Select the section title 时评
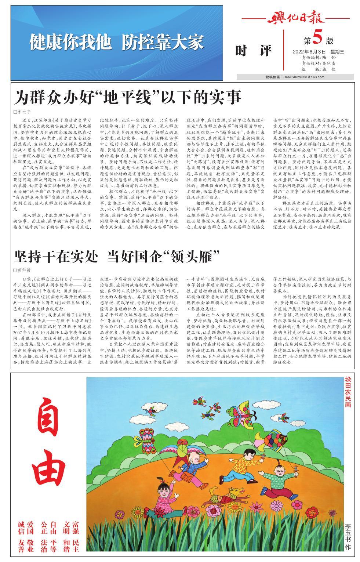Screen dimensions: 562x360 click(x=253, y=51)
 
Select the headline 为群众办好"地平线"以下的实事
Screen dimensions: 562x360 click(x=127, y=98)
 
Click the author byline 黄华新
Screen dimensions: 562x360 click(x=23, y=270)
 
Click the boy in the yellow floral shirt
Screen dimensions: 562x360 click(x=246, y=464)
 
